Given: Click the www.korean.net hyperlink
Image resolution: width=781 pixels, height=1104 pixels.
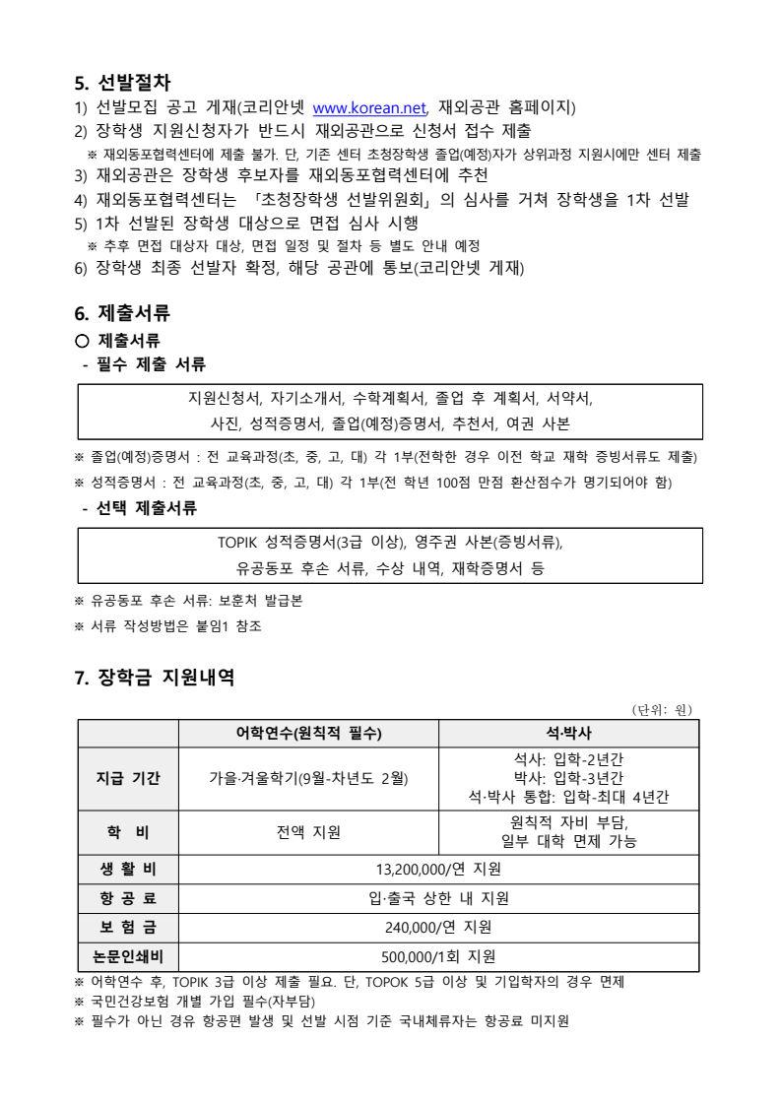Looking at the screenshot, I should point(368,107).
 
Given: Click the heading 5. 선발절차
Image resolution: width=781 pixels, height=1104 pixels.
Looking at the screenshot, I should point(123,83).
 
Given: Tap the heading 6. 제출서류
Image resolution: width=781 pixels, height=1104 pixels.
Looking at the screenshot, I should point(122,313).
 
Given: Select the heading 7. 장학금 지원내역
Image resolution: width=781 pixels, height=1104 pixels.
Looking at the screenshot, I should point(154,678).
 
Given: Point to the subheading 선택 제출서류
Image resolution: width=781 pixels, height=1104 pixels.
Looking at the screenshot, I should point(145,508).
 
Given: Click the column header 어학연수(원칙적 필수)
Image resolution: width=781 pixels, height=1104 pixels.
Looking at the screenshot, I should point(307,734).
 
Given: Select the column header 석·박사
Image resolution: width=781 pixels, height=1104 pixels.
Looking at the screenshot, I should point(568,734).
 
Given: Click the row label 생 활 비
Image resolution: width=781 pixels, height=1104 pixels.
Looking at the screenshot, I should point(128,869).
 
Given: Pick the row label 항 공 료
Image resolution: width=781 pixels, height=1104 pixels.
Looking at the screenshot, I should point(128,898).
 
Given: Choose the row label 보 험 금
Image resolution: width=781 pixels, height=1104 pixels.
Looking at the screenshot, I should point(128,927).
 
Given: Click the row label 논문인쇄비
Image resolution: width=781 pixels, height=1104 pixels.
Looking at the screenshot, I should point(128,956).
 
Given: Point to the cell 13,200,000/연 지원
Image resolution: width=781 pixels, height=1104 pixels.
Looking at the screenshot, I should point(438,869).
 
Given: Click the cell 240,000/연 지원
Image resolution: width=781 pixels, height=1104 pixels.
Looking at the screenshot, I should point(438,927).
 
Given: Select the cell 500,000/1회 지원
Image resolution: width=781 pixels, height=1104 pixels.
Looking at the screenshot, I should point(438,956).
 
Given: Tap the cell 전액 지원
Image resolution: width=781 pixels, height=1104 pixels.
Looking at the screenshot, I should point(308,832).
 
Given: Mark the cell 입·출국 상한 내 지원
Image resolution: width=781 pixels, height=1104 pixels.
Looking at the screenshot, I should point(438,898).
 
